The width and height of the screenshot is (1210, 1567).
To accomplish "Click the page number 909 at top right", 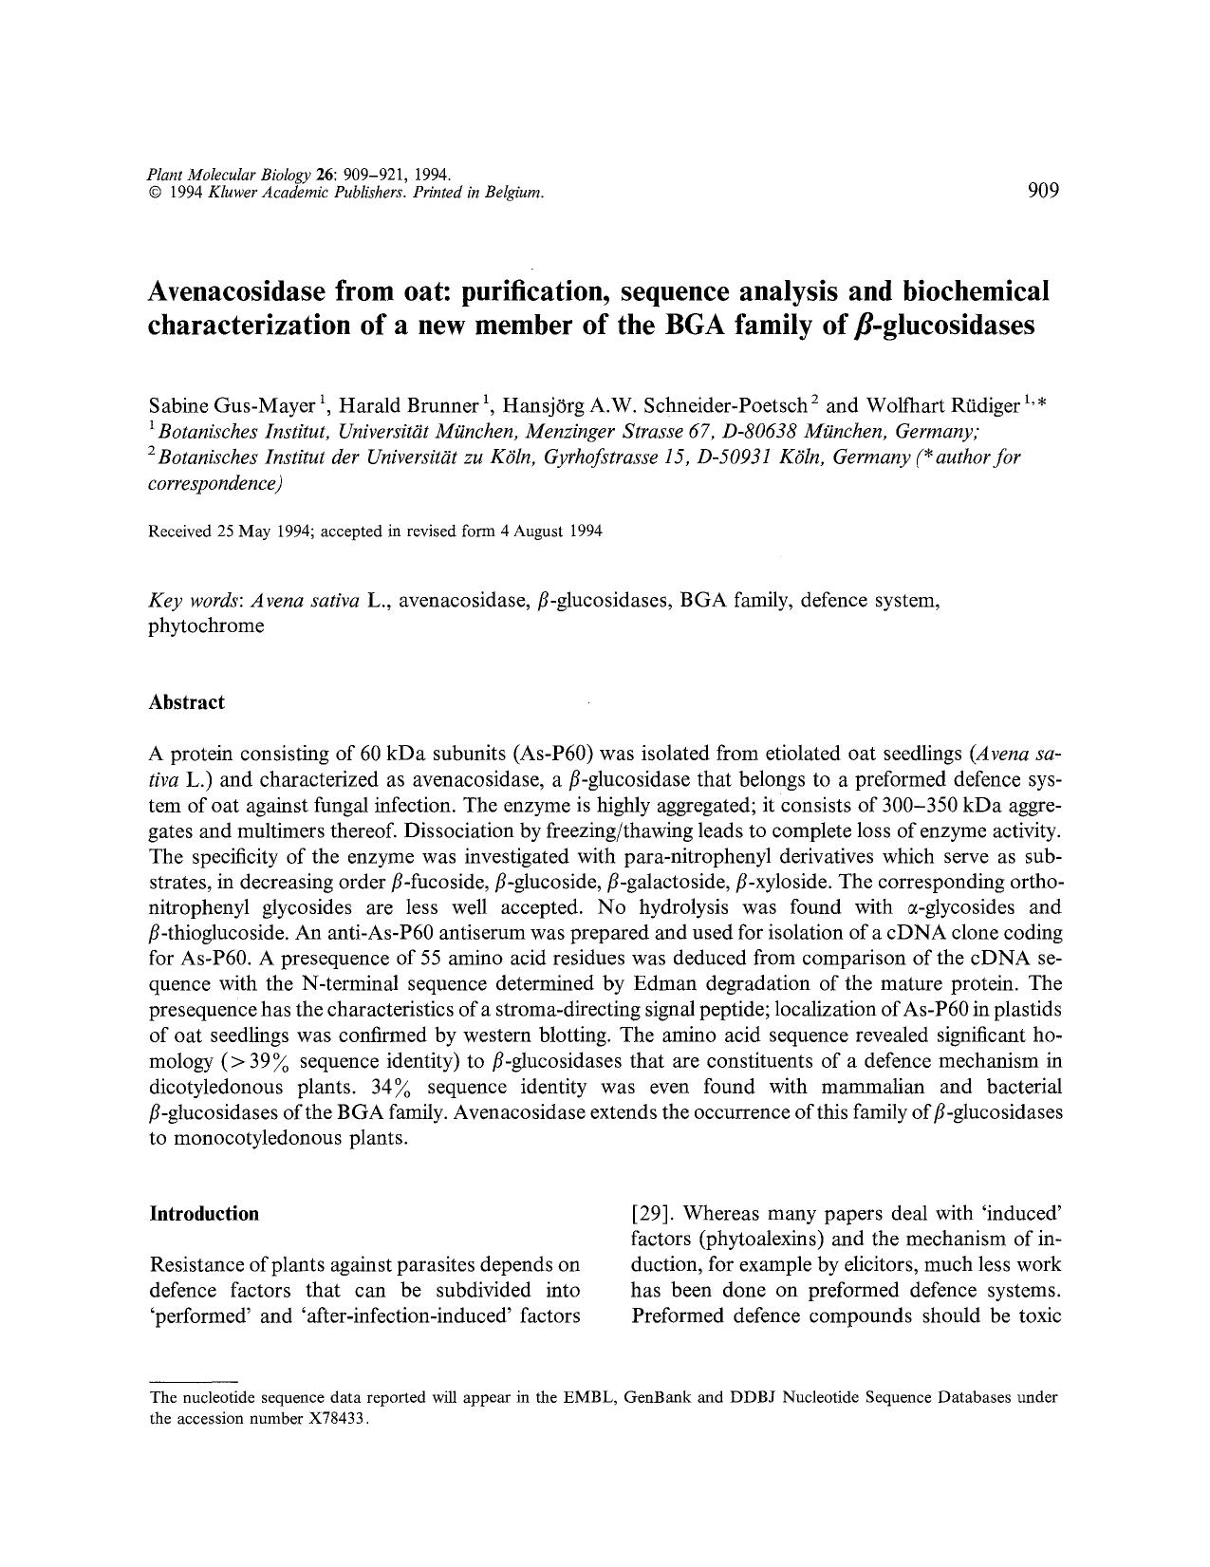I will coord(1042,190).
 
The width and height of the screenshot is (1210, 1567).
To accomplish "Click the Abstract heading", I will coord(187,702).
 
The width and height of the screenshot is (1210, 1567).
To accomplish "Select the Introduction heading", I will coord(204,1214).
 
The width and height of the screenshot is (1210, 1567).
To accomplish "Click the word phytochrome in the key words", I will coord(207,626).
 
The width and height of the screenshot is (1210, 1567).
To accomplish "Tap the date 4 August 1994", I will coord(557,532).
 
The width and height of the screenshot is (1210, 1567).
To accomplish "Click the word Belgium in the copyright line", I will coord(514,193).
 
